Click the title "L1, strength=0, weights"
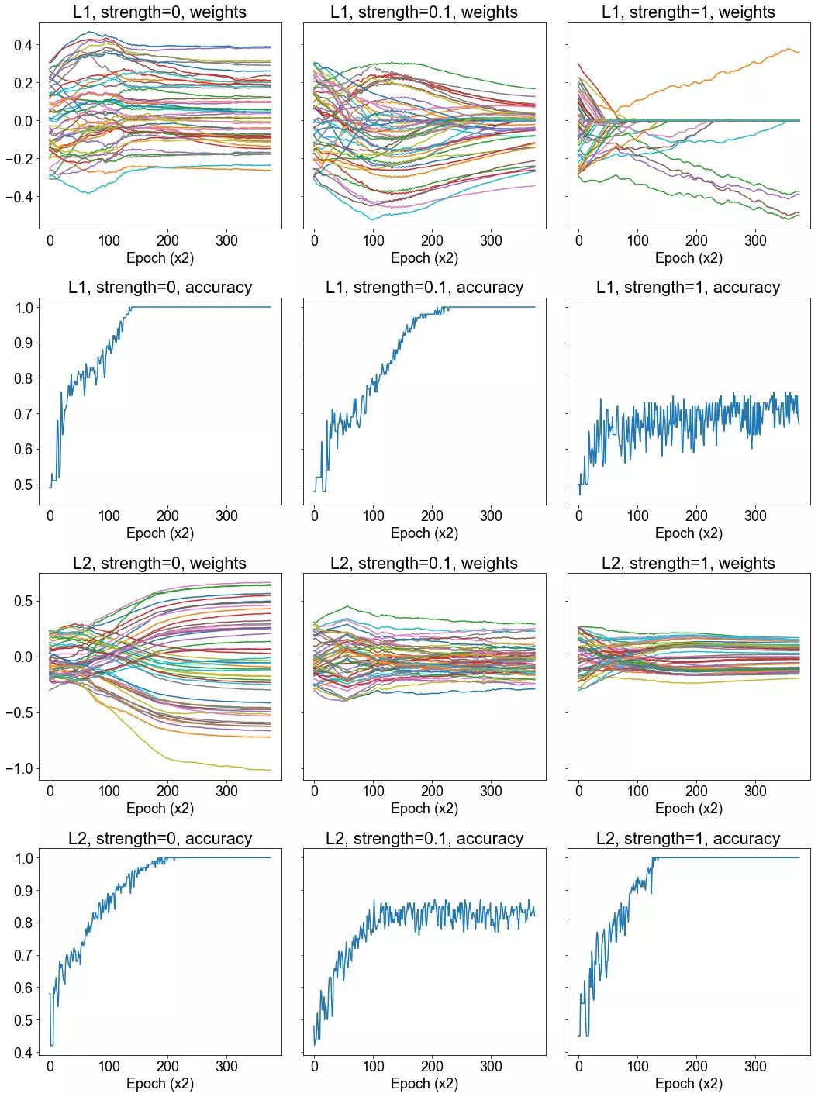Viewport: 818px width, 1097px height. (x=160, y=12)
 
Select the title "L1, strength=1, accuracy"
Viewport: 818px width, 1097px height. (x=689, y=288)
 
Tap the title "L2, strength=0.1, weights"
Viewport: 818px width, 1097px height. (x=424, y=564)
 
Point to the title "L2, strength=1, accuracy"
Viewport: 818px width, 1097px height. (x=689, y=839)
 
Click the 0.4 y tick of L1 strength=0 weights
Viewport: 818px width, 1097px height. (x=23, y=45)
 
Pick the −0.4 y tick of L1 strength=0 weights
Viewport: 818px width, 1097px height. (x=19, y=197)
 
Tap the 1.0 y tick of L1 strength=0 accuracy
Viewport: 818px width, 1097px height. (x=23, y=308)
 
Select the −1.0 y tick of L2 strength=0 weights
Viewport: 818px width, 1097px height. (x=19, y=769)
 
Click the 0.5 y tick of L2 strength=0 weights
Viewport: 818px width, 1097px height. (x=23, y=601)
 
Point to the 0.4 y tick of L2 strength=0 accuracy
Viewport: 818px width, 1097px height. (x=23, y=1053)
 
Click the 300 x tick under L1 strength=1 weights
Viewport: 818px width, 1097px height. (x=755, y=240)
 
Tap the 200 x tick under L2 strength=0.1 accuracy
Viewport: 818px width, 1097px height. (x=432, y=1067)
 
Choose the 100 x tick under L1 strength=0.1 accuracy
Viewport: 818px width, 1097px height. (x=373, y=516)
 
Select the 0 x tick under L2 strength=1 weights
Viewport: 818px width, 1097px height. (x=579, y=792)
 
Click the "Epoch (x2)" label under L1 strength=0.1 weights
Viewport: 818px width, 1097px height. (x=424, y=258)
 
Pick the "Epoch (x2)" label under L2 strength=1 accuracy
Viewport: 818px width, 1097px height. (x=689, y=1084)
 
